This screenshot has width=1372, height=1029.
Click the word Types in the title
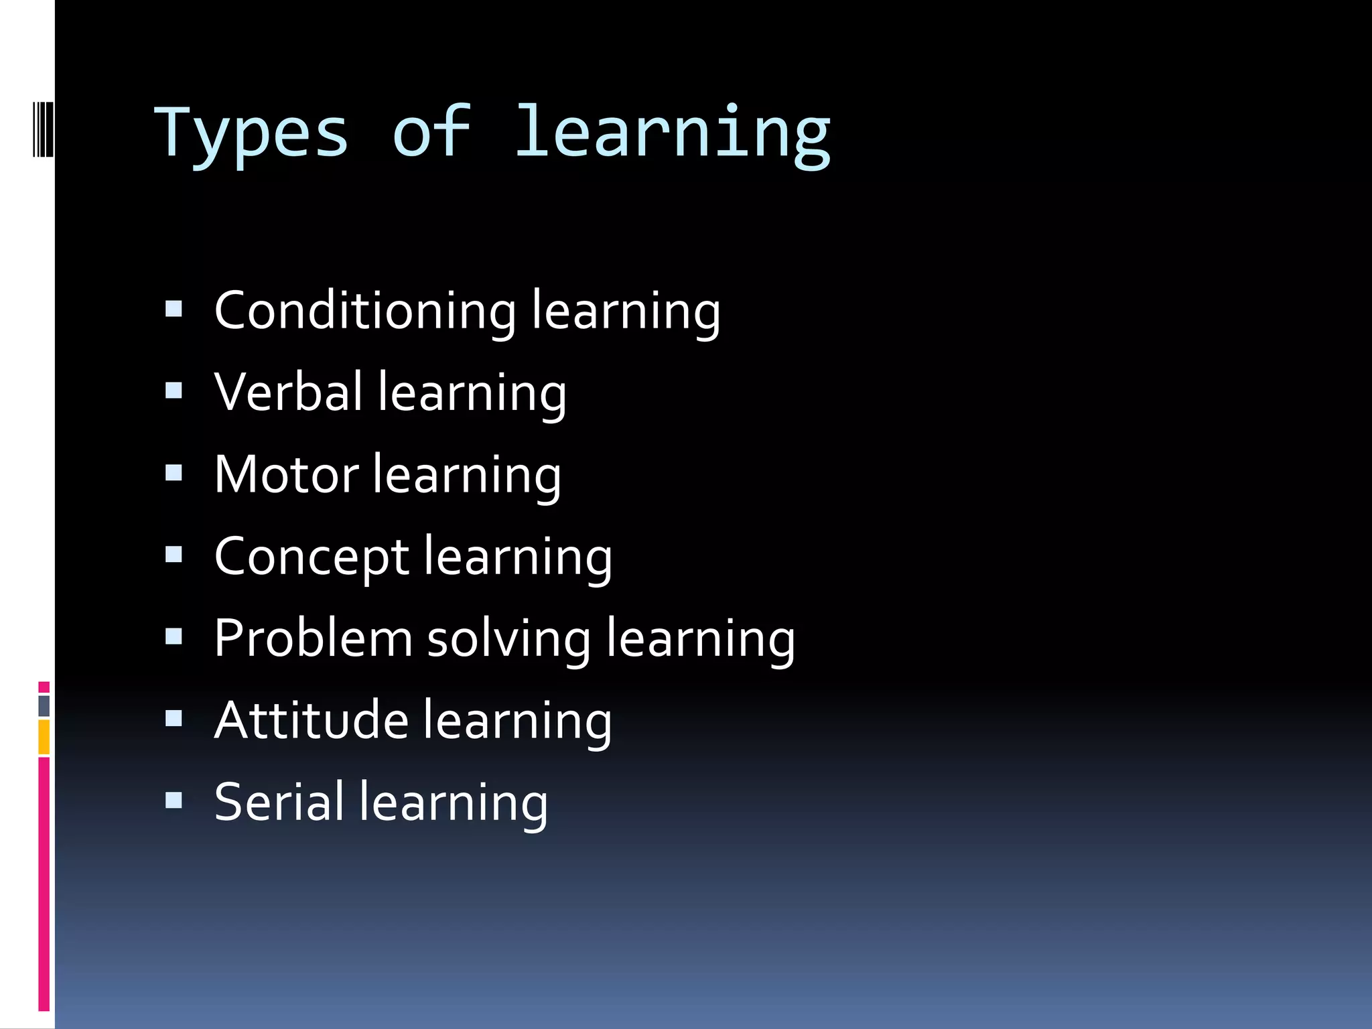252,134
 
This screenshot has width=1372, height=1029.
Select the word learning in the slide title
672,134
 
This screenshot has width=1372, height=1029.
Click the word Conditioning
365,311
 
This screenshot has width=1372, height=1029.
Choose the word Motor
287,474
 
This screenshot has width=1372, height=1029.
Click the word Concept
312,557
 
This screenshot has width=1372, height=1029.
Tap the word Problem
313,638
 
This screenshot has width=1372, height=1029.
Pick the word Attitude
312,720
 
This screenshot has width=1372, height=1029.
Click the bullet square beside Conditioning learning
174,309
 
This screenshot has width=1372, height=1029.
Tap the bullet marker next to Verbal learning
174,391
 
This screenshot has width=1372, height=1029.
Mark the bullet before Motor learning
174,473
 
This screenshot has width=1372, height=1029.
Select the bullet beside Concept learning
174,555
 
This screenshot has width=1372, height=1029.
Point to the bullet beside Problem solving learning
174,636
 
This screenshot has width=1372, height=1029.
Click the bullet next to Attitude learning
174,718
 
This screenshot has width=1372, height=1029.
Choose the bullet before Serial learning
174,800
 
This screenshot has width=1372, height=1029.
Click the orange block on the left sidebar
44,737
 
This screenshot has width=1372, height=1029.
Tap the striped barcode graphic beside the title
43,128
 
